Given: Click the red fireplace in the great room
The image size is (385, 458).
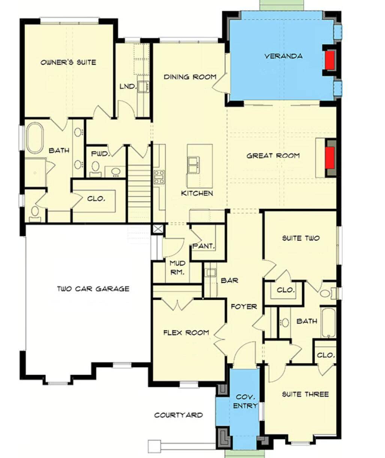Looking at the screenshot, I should click(330, 158).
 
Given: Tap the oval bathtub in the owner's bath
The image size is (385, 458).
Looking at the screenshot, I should click(35, 138).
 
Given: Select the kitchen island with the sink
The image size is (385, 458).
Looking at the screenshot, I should click(199, 165).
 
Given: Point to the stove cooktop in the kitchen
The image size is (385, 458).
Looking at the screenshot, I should click(159, 177).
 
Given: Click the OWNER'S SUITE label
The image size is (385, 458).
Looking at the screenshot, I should click(68, 62).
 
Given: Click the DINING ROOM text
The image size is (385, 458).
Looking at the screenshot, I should click(190, 77).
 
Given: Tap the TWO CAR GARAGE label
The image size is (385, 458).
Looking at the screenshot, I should click(93, 289).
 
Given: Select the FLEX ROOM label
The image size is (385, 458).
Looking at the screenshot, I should click(186, 332).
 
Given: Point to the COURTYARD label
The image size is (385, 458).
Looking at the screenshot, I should click(178, 415).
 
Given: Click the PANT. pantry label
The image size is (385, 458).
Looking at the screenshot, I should click(204, 246).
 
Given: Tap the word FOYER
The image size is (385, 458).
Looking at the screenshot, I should click(244, 306).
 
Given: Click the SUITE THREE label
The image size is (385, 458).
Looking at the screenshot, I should click(305, 394).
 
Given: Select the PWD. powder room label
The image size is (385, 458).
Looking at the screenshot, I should click(100, 154).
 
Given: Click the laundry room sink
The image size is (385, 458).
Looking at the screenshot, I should click(143, 87).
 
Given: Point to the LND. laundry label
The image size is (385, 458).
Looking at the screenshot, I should click(127, 87).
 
